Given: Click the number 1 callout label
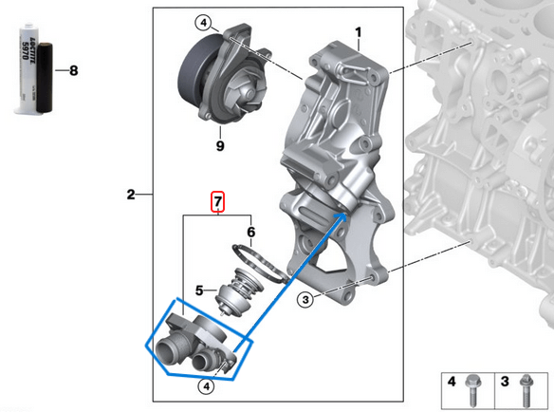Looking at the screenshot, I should coord(359,32).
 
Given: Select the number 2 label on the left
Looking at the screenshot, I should coord(131,196).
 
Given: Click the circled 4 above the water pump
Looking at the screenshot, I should coord(203,23).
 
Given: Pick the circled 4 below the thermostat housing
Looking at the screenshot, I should coord(205,385).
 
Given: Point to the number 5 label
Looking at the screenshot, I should coord(200,290).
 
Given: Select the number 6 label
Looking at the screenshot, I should coord(250,231).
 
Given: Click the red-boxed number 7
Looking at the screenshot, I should coord(217,202).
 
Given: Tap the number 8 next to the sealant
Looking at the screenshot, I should coord(74,69).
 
